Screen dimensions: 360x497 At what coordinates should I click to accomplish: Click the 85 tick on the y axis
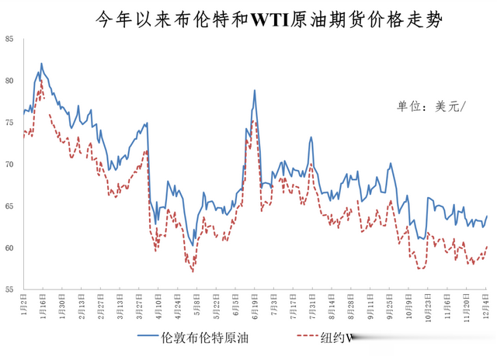tap(9, 39)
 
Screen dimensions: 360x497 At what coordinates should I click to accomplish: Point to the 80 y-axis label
tap(9, 81)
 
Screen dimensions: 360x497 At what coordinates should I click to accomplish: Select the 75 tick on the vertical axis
tap(9, 123)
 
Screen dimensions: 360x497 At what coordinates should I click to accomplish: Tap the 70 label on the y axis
tap(9, 164)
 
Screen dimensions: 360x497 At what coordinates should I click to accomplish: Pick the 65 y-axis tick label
tap(9, 206)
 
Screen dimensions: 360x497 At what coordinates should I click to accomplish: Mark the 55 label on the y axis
tap(9, 289)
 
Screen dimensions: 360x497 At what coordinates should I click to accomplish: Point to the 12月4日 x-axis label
tap(486, 305)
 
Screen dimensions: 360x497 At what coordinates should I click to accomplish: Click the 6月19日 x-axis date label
tap(254, 305)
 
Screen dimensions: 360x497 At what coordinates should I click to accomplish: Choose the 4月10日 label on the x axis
tap(158, 305)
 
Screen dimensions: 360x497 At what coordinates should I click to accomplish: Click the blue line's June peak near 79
tap(254, 91)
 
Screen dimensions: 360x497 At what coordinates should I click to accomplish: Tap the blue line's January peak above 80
tap(41, 64)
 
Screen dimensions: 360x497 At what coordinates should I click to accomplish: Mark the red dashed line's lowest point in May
tap(192, 272)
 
